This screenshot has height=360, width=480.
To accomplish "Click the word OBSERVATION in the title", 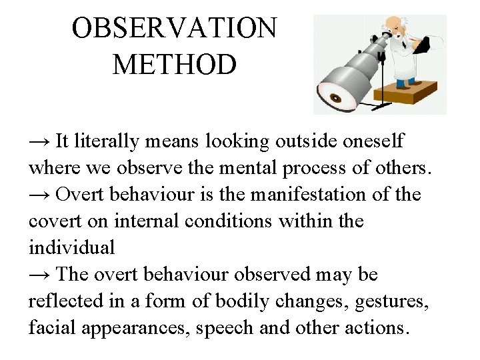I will point(174,29).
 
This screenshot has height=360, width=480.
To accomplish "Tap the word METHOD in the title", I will point(174,65).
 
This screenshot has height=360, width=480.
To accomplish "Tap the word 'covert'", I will point(51,221).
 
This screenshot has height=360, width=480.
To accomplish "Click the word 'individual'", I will point(72,248).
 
